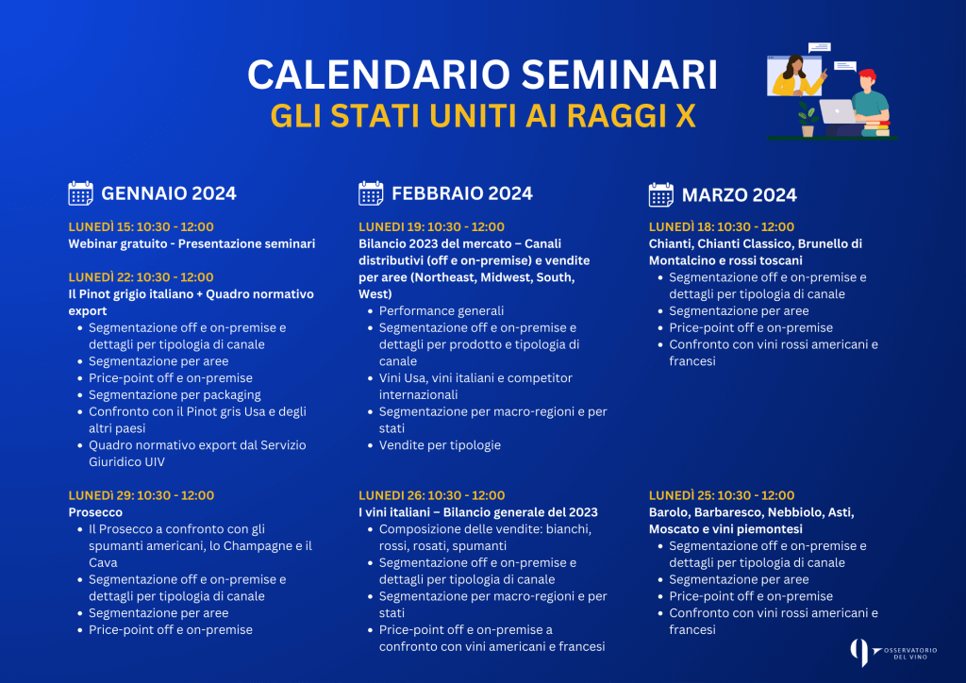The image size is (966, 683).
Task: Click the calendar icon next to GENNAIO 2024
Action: pos(81,193)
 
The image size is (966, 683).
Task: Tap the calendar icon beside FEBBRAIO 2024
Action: pos(371,193)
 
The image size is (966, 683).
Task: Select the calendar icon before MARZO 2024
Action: pos(661,194)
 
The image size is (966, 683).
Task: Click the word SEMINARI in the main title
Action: pos(620,75)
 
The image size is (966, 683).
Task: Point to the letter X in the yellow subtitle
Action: pos(686,116)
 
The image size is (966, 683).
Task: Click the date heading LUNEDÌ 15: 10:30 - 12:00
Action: pos(142,226)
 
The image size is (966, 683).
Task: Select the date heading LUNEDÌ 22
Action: pos(142,277)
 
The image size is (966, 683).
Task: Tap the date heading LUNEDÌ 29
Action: pos(142,495)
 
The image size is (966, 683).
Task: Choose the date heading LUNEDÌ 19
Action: pos(431,226)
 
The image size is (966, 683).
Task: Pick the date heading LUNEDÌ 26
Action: pos(432,495)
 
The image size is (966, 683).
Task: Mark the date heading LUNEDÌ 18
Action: pos(722,226)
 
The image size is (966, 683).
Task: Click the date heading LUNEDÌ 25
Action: pos(722,495)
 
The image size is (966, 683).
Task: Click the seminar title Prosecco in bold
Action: pos(95,512)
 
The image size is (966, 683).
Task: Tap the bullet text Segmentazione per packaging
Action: pos(175,394)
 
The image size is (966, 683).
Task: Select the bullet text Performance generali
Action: pos(441,311)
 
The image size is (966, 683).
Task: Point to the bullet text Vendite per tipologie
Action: pos(440,445)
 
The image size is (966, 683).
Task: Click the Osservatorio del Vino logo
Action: pos(893,653)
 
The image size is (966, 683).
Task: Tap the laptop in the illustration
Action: pos(838,111)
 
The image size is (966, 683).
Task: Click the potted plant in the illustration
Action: pos(808,120)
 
